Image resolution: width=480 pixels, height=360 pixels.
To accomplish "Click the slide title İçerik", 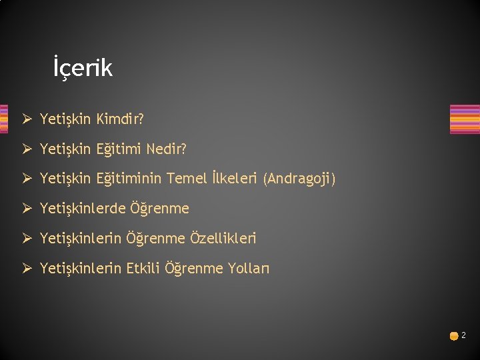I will [x=83, y=68].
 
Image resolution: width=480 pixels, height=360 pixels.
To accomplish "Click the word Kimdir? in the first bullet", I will [x=121, y=119].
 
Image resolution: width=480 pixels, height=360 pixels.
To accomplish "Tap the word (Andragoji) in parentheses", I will [x=300, y=179].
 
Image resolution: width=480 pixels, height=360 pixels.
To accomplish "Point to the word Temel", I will [x=186, y=179].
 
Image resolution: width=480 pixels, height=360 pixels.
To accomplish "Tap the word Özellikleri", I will [x=223, y=238].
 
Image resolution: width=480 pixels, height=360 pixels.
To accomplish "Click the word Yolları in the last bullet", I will [x=249, y=268].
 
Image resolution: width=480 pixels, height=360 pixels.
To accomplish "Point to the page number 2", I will [x=464, y=335].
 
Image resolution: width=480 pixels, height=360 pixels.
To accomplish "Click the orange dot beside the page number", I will [x=453, y=337].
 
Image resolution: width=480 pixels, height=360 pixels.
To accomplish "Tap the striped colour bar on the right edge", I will [x=465, y=119].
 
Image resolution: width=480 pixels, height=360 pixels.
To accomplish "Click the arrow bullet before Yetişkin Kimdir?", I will [x=27, y=120].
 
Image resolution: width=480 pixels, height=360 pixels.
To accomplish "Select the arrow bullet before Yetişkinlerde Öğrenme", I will [x=27, y=209].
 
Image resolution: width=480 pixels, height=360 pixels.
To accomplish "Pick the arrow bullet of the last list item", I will [x=27, y=269].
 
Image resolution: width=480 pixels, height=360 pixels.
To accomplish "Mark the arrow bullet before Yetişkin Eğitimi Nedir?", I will [x=27, y=150].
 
